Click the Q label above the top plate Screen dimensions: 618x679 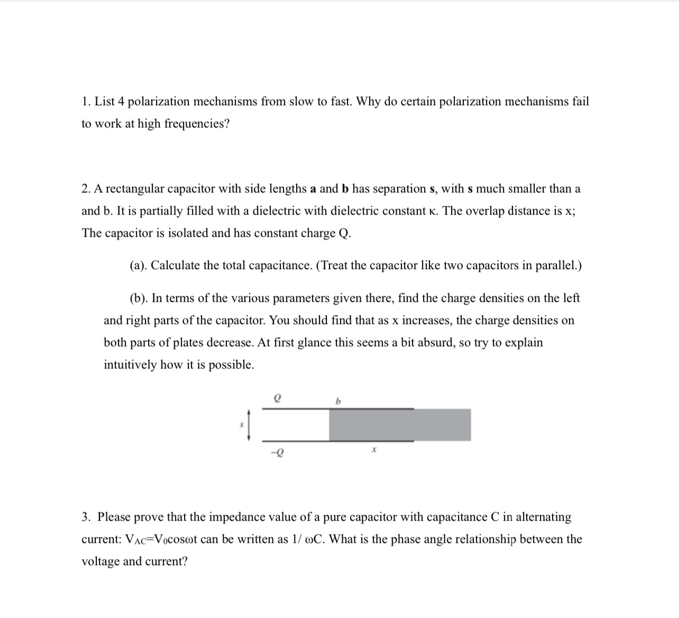[276, 398]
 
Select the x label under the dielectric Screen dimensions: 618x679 [373, 450]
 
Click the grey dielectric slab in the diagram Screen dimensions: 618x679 [399, 425]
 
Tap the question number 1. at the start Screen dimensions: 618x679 [87, 102]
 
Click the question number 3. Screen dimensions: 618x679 [87, 517]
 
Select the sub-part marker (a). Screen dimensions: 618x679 [139, 265]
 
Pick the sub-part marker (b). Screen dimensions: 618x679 [139, 298]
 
